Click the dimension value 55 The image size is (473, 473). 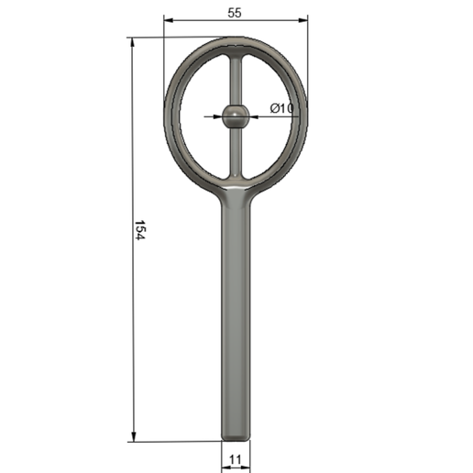coord(235,13)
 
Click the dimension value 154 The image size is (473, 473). coord(140,230)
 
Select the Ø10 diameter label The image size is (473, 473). coord(281,108)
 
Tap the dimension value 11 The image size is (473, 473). coord(236,459)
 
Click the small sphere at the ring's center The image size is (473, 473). coord(236,116)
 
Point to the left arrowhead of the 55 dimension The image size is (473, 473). coord(169,20)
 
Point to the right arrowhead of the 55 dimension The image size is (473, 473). coord(303,20)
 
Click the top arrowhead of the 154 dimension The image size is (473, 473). coord(132,42)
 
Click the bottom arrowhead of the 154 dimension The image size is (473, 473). coord(133,436)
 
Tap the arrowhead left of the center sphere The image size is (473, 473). coord(217,116)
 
